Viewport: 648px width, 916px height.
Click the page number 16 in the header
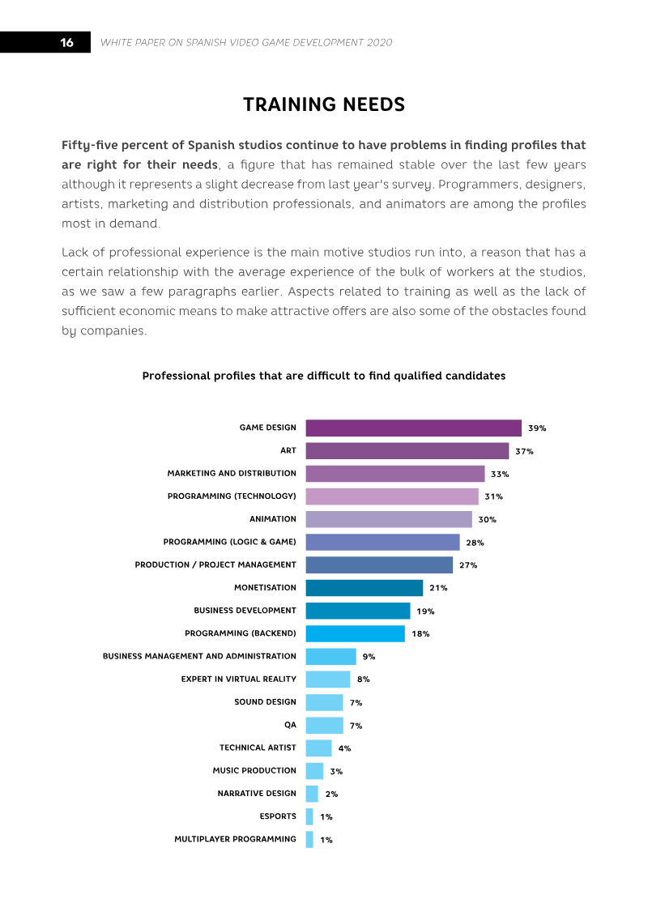(66, 43)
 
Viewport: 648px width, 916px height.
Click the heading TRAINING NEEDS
(324, 104)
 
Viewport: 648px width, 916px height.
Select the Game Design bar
(414, 428)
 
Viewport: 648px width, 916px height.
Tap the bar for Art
(407, 450)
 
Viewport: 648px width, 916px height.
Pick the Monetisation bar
(364, 588)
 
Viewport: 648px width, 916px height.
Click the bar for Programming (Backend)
(356, 633)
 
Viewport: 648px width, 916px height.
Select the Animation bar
(389, 519)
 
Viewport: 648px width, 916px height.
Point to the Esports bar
(309, 816)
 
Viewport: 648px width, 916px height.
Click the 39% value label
(537, 428)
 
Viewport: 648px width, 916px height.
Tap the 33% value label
(500, 474)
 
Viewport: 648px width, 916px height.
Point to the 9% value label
(369, 657)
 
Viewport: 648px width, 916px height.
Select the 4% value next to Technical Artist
(345, 748)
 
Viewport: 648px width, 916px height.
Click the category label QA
(291, 725)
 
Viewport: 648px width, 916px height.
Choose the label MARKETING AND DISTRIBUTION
(232, 473)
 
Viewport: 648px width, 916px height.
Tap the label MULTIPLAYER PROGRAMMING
(235, 839)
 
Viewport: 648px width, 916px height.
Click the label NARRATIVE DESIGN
(257, 794)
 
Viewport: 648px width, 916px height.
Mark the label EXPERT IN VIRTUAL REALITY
(238, 679)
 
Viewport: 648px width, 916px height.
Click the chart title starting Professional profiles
(324, 376)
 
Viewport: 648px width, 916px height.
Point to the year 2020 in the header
(379, 43)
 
